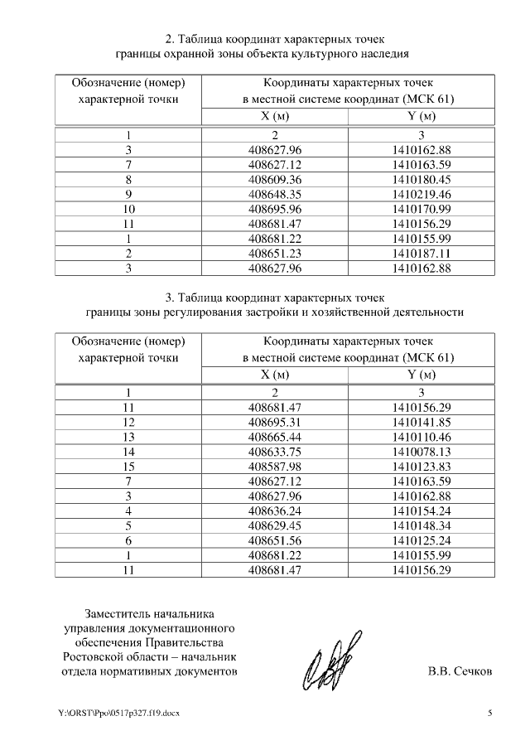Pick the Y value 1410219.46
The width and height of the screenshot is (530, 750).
(421, 195)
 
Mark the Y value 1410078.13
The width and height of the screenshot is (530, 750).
(421, 451)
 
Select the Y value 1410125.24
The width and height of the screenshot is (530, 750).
(421, 540)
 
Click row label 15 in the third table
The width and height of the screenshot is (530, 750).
(128, 466)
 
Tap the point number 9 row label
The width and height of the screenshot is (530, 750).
(128, 195)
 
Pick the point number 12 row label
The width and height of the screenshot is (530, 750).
(128, 421)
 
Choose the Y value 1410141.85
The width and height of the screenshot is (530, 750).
(421, 421)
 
